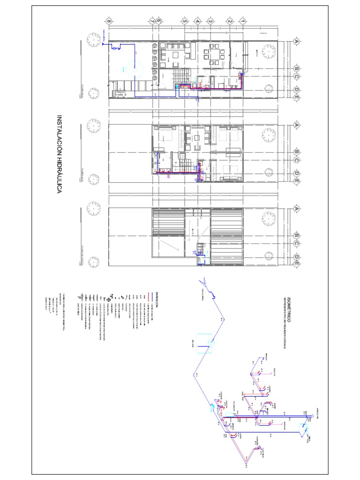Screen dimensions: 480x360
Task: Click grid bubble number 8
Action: [x=109, y=21]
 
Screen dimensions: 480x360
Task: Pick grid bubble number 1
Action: [x=242, y=21]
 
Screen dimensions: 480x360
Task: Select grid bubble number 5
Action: [x=185, y=21]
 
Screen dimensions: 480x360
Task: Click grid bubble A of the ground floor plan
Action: [x=296, y=41]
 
